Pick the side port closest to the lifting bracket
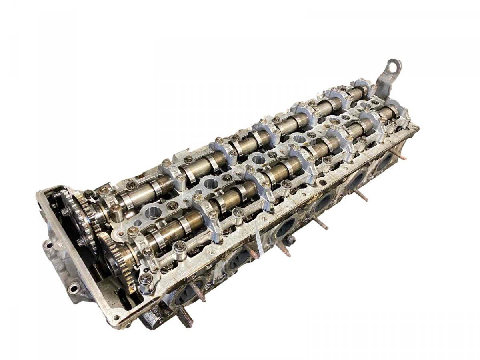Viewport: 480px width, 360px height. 385,162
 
